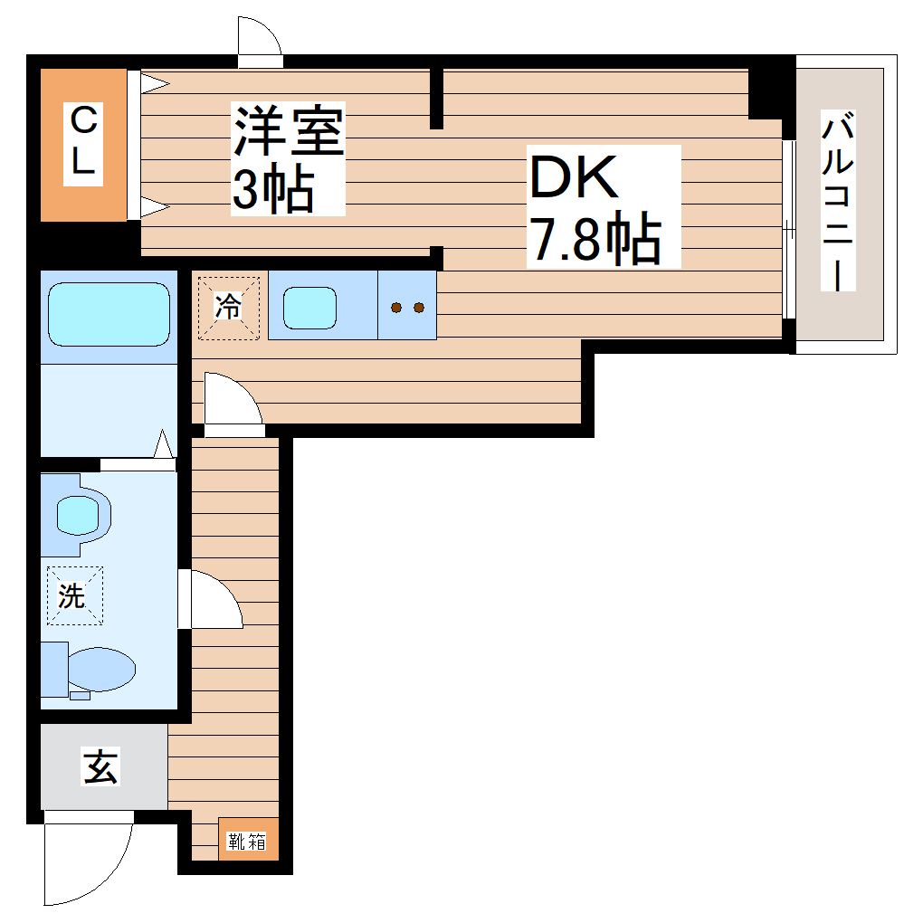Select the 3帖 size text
coord(272,189)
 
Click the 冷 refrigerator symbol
coord(229,308)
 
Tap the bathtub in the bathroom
coord(109,314)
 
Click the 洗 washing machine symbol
coord(74,595)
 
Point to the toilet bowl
coord(100,670)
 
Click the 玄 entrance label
coord(101,768)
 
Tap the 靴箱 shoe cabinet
coord(246,841)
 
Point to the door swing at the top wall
coord(259,37)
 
